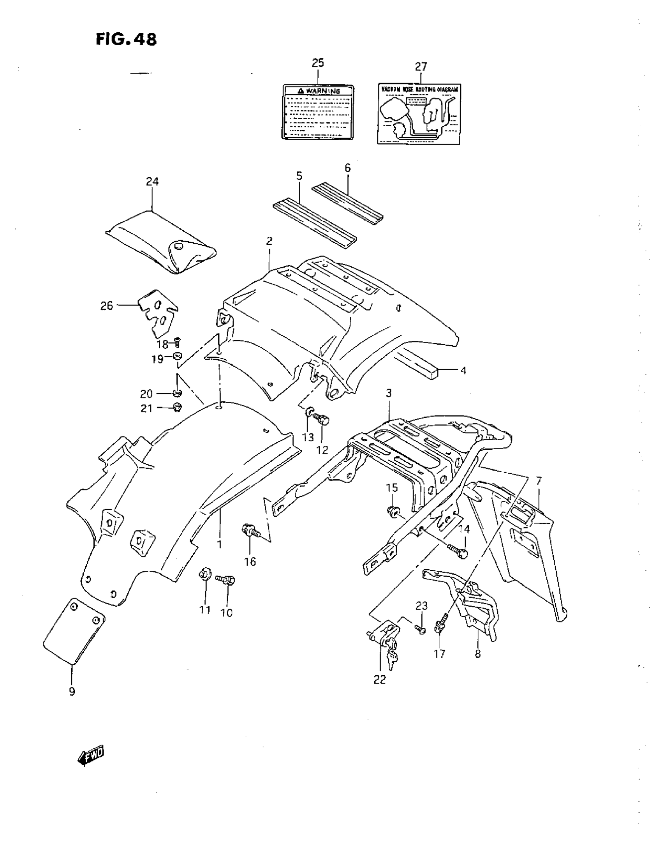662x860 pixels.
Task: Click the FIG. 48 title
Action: [126, 39]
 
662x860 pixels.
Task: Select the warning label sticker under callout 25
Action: [318, 112]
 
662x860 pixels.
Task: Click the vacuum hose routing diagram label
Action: [419, 114]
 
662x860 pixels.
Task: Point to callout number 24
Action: [152, 182]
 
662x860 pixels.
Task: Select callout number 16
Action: [250, 562]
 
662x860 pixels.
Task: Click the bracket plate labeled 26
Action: [158, 313]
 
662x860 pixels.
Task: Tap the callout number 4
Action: [463, 371]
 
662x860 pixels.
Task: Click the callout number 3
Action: [389, 393]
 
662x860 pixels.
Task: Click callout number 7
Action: [539, 481]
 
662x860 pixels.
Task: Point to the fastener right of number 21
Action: [177, 408]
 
